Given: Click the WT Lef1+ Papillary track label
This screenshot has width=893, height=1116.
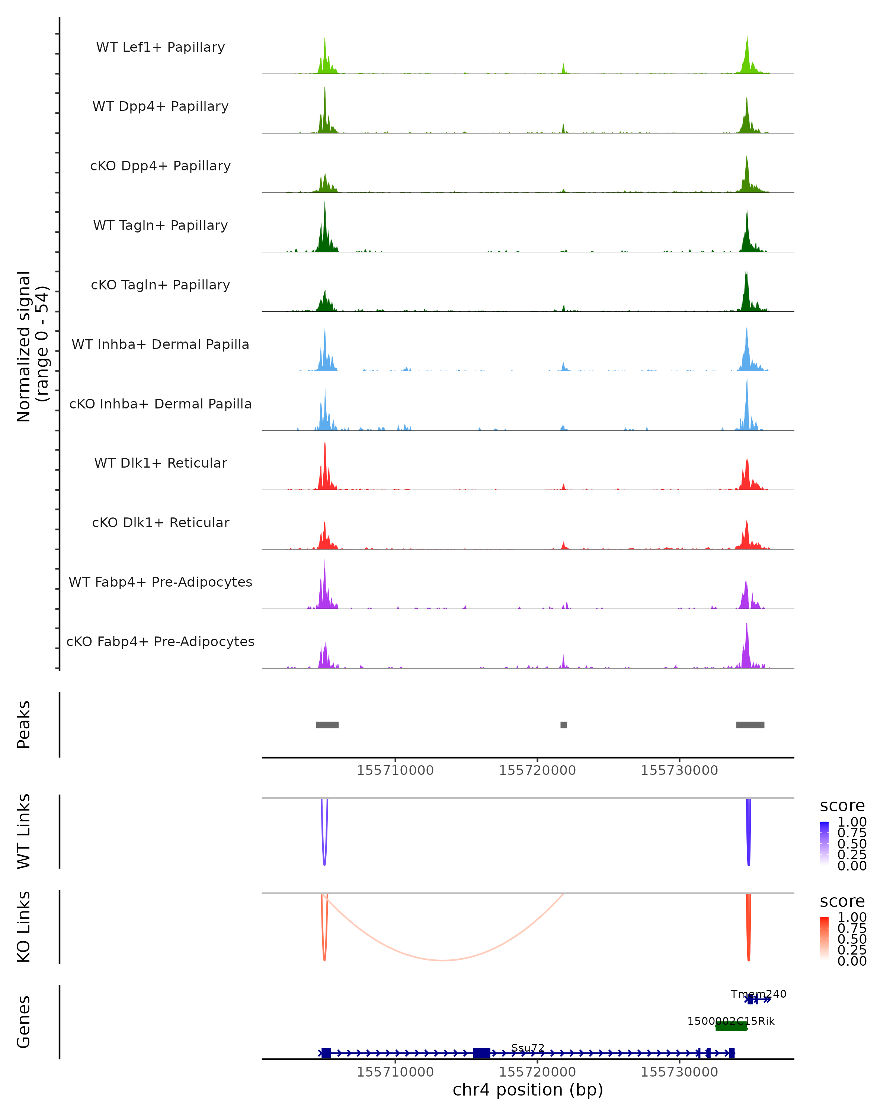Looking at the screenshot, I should click(x=160, y=47).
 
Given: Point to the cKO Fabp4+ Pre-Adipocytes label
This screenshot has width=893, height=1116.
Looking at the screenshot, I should click(x=160, y=641).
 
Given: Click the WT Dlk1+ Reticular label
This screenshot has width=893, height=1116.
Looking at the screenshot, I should click(x=160, y=463).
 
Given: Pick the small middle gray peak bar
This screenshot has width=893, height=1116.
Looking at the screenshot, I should click(x=563, y=725).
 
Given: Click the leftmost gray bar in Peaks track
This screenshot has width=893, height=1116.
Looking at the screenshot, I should click(x=327, y=725).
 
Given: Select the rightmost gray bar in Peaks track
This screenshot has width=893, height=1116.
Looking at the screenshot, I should click(x=750, y=725).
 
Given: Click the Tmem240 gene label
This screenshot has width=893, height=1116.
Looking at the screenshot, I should click(x=758, y=994).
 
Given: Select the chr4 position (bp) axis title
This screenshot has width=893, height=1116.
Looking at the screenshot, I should click(x=528, y=1090).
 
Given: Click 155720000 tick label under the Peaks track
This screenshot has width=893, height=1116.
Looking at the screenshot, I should click(x=537, y=770).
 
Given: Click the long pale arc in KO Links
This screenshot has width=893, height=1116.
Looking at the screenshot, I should click(x=443, y=960).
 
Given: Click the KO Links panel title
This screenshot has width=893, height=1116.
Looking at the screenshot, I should click(x=24, y=927).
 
